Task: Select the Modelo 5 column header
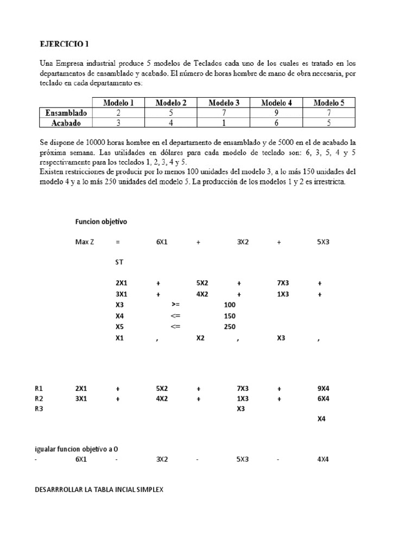pos(330,102)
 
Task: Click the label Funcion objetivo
pos(101,222)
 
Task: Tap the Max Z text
pos(85,242)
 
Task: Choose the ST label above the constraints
pos(119,262)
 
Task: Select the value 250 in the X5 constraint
pos(230,327)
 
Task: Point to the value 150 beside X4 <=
pos(230,316)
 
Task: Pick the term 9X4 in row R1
pos(323,389)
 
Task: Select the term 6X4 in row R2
pos(323,399)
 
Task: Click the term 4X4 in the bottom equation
pos(323,459)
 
